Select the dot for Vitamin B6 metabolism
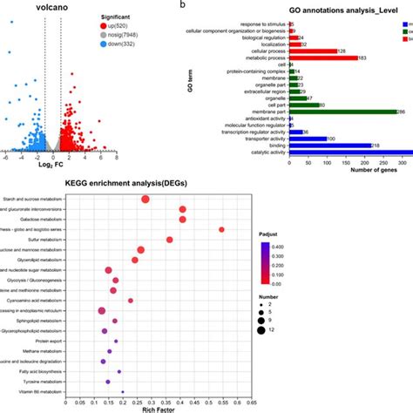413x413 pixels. tap(123, 393)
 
